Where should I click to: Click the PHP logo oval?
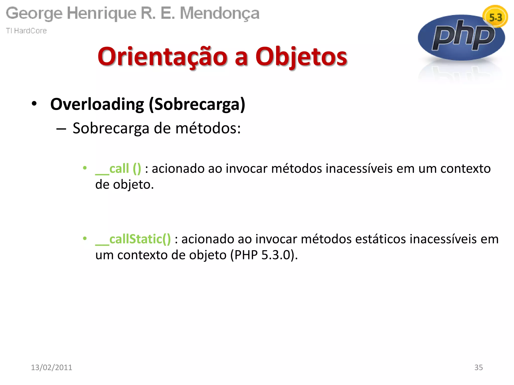pos(461,38)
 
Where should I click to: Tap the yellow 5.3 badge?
pos(495,17)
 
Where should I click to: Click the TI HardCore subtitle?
pos(26,31)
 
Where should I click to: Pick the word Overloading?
pos(97,104)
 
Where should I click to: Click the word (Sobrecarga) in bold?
pos(197,104)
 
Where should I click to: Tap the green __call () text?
pos(118,168)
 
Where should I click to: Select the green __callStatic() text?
pos(133,239)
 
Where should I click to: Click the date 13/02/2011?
pos(51,367)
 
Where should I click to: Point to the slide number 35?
pos(478,367)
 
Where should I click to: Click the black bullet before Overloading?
pos(34,104)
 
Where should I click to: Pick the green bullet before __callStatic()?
pos(85,238)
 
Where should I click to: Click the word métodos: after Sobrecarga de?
pos(208,128)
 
